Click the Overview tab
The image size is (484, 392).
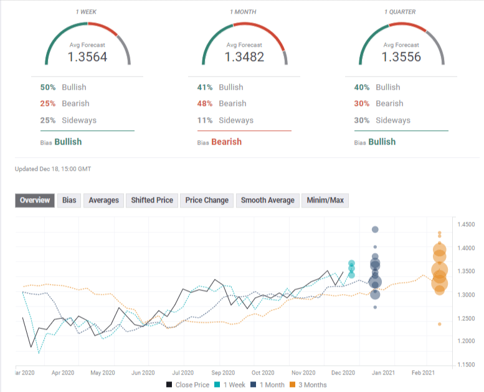35,201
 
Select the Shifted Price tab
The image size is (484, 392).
151,201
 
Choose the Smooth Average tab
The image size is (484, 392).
267,201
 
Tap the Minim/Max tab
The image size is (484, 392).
325,201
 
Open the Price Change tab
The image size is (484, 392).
207,201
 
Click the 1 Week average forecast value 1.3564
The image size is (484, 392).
87,57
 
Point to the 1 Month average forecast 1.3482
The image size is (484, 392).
244,57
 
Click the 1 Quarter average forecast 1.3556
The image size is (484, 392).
401,57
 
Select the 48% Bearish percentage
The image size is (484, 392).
205,103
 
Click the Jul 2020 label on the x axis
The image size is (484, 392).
183,373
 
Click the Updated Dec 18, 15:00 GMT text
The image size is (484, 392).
54,169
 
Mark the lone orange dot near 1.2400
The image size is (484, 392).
440,324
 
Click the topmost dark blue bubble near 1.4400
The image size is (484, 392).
375,229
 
